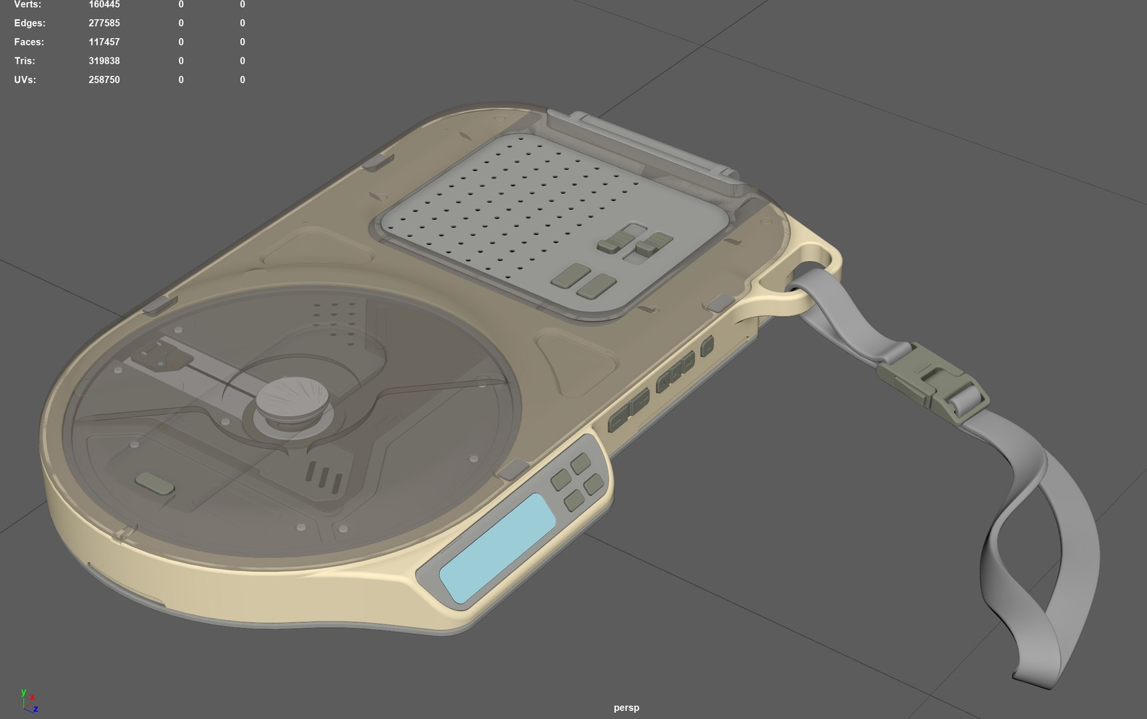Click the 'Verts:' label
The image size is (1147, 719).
(x=27, y=5)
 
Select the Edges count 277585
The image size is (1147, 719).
(x=104, y=23)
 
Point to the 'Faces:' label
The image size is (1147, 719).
(x=29, y=42)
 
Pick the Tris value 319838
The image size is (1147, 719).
(x=104, y=61)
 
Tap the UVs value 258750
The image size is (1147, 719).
(x=104, y=80)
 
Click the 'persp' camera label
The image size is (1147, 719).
(x=626, y=708)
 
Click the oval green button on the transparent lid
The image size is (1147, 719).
(x=154, y=483)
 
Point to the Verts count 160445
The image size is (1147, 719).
(x=104, y=5)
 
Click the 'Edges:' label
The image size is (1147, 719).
(x=30, y=23)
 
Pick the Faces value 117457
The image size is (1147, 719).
(x=104, y=42)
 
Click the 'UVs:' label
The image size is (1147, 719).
(x=25, y=80)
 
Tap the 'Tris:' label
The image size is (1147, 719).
(x=25, y=61)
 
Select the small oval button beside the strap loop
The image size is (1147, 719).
(x=707, y=346)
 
